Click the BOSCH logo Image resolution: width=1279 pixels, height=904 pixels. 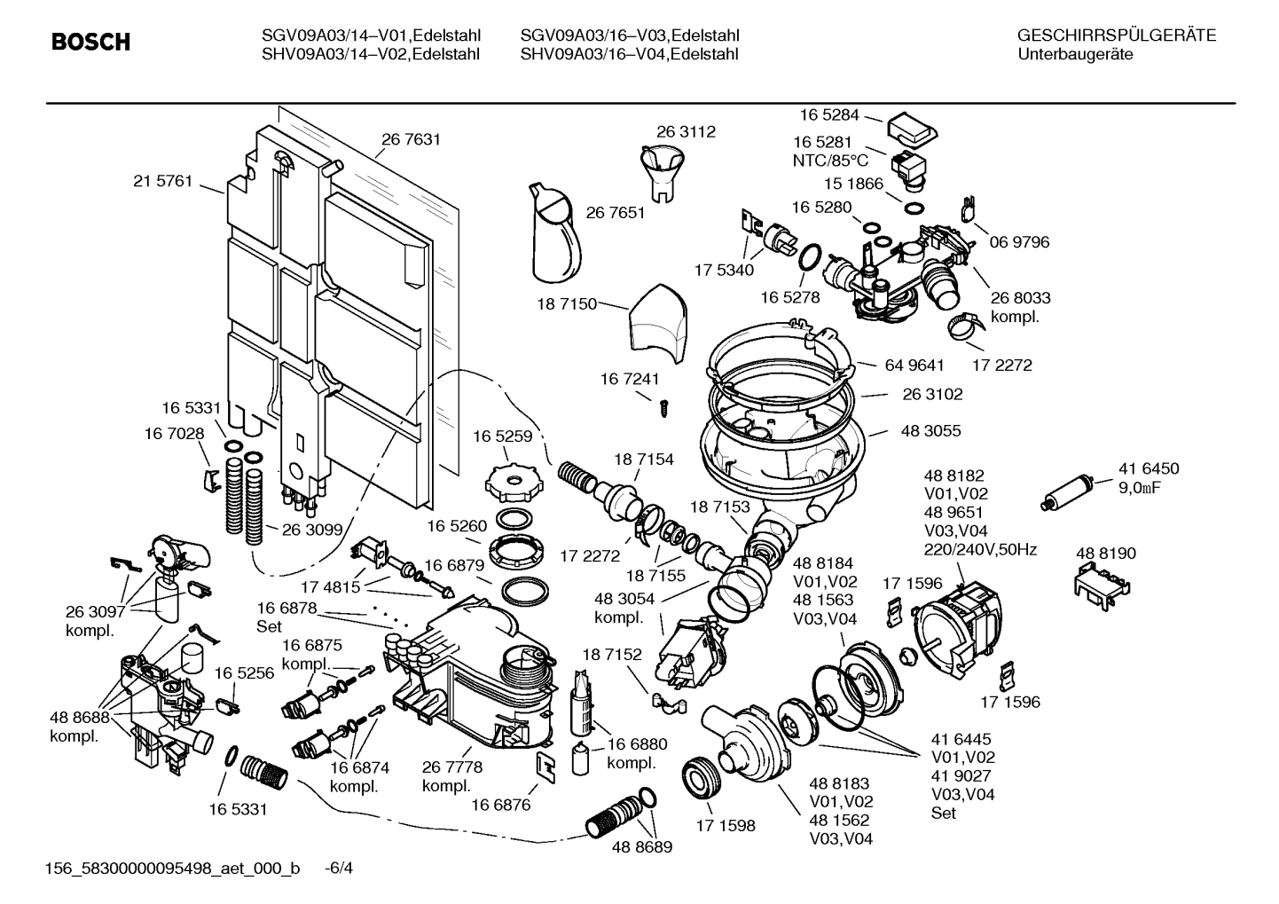pos(90,43)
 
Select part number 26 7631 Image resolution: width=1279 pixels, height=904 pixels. pos(411,139)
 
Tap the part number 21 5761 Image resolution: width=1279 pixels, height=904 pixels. pos(162,181)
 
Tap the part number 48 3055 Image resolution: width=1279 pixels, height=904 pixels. pos(930,431)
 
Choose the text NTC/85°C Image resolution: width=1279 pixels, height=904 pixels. pos(830,161)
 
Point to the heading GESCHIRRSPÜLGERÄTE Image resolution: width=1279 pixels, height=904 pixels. pos(1116,35)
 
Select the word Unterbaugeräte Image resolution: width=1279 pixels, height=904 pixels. pos(1074,54)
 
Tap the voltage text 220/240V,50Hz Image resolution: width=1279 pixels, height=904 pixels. pos(980,549)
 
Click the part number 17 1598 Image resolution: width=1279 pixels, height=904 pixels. pos(725,826)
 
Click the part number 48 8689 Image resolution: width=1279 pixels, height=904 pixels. pos(641,847)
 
